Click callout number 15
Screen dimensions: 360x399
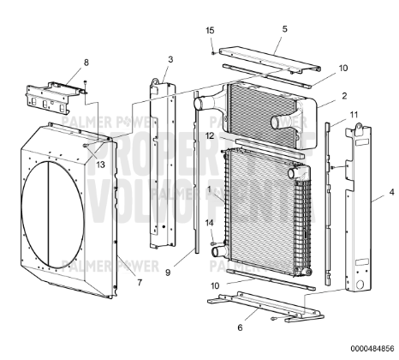pos(210,31)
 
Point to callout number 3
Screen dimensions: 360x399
pos(170,58)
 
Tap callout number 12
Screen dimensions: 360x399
pos(210,135)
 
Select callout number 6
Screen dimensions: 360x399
pos(239,327)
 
